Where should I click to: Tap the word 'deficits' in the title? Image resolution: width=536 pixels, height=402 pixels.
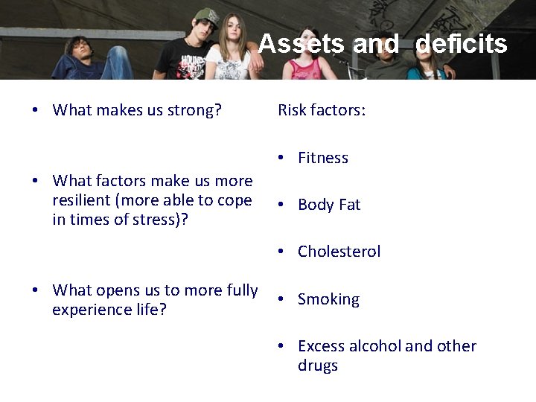[x=461, y=44]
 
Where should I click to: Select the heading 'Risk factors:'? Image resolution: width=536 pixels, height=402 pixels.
[x=322, y=111]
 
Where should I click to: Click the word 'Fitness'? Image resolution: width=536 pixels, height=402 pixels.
[x=322, y=158]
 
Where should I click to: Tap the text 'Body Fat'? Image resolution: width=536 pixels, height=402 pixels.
[x=329, y=205]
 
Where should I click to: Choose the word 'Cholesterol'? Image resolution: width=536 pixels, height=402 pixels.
[x=339, y=252]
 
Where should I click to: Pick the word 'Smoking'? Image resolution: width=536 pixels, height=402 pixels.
[x=328, y=299]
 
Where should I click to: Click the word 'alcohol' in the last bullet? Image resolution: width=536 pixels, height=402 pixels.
[x=376, y=346]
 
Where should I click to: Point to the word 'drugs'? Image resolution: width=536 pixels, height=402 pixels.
[x=318, y=366]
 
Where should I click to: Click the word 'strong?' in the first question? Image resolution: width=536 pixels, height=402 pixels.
[x=195, y=111]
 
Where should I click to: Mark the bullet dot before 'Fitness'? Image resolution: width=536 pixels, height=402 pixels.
[x=282, y=158]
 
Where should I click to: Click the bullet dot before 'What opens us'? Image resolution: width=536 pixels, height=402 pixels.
[x=36, y=290]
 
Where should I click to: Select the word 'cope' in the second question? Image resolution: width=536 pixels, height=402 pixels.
[x=235, y=200]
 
